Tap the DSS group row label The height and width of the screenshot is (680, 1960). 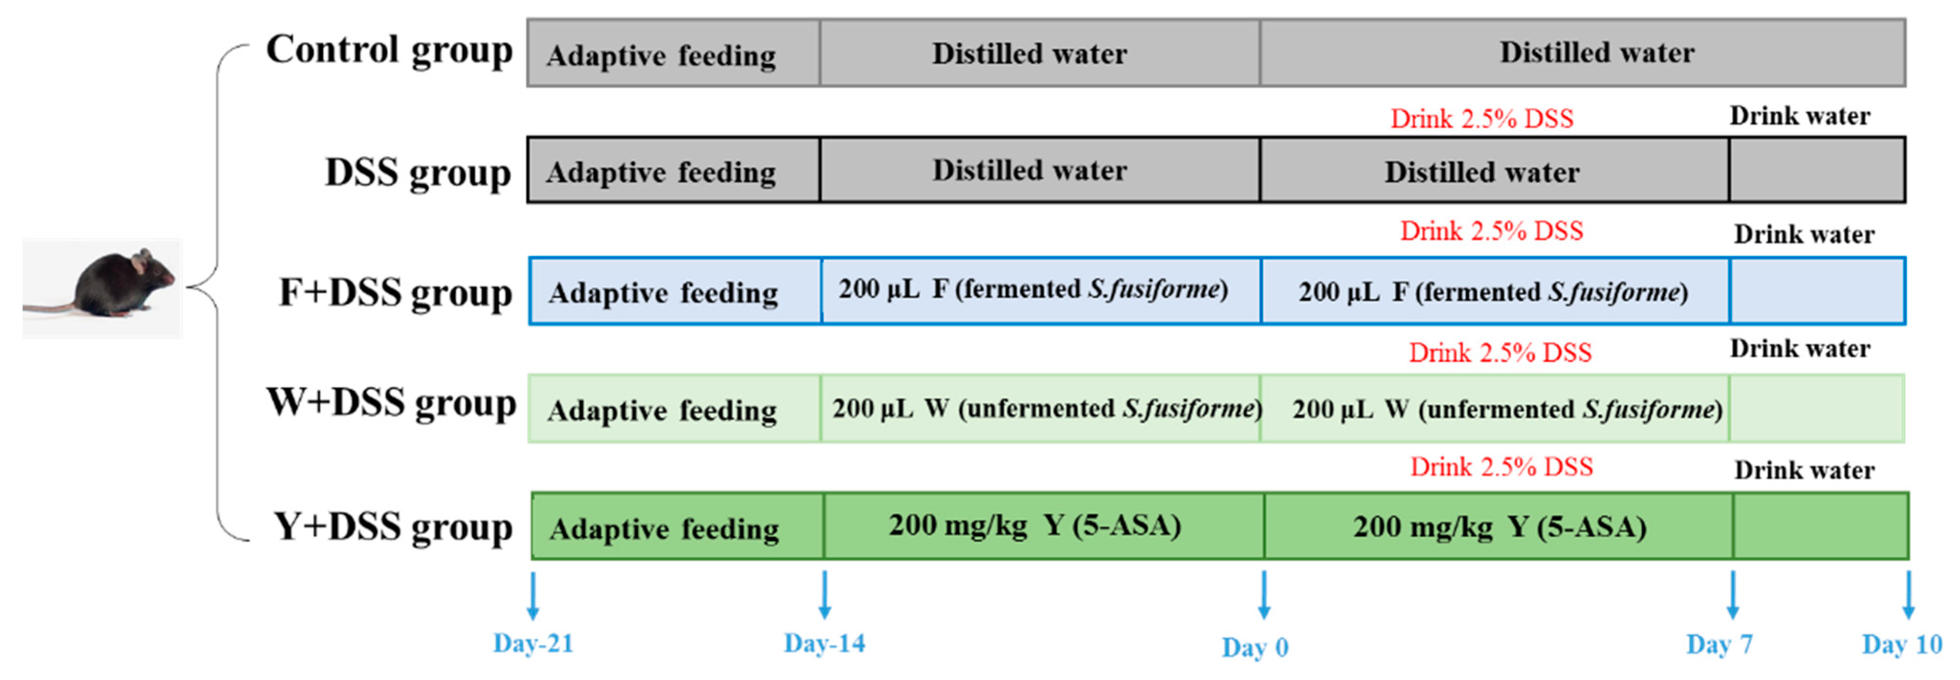(417, 172)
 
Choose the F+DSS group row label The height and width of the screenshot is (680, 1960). (395, 293)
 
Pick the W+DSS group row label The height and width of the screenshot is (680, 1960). (391, 403)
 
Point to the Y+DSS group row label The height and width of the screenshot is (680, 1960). (393, 527)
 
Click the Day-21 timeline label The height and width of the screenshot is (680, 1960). (533, 644)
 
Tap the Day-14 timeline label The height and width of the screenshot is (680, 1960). (824, 644)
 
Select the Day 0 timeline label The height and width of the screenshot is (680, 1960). (1255, 648)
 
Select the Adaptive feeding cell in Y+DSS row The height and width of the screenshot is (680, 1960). (664, 528)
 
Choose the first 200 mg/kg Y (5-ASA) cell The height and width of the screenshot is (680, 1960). (1035, 525)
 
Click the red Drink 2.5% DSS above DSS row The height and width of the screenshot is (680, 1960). (1481, 119)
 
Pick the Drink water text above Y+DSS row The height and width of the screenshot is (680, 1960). (1804, 470)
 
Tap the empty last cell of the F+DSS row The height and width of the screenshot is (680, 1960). (1817, 291)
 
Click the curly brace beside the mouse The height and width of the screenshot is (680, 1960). (217, 290)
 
